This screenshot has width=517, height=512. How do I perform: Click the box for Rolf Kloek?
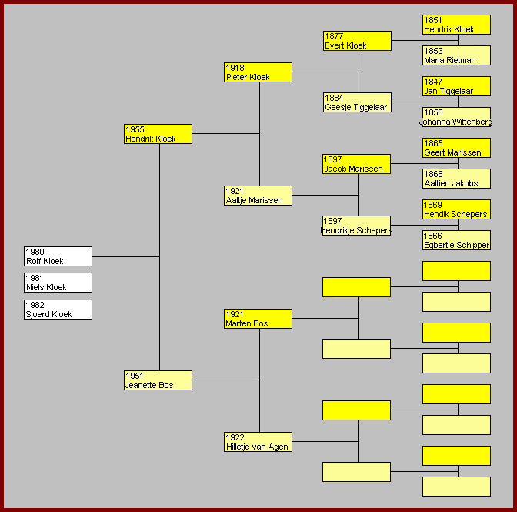(x=58, y=256)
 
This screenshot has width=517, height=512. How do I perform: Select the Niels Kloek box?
(x=58, y=283)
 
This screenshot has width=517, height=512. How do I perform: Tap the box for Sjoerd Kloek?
(x=58, y=310)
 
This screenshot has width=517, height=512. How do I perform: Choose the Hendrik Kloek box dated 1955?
(x=158, y=134)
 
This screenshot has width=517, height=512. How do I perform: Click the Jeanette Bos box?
(x=158, y=380)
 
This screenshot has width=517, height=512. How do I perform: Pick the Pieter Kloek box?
(x=258, y=72)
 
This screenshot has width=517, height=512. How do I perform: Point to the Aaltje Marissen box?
(x=258, y=196)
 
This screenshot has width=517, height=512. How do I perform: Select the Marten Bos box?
(x=258, y=319)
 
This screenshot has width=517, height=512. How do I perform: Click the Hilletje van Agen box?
(x=258, y=442)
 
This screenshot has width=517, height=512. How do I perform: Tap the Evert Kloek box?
(x=357, y=41)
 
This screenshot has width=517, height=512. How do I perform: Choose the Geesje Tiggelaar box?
(x=357, y=102)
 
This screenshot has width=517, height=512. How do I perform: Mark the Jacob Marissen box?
(x=357, y=164)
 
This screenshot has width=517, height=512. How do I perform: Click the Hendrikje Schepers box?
(x=357, y=226)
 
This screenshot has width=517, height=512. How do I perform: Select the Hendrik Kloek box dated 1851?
(x=456, y=25)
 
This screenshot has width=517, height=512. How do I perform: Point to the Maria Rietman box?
(x=456, y=55)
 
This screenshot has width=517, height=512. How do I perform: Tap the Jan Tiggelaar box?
(x=456, y=86)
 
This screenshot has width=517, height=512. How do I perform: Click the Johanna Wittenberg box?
(x=456, y=117)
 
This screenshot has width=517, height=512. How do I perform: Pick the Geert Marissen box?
(x=456, y=148)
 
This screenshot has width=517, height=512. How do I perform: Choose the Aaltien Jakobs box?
(x=456, y=179)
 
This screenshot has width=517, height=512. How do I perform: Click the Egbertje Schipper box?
(x=456, y=240)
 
